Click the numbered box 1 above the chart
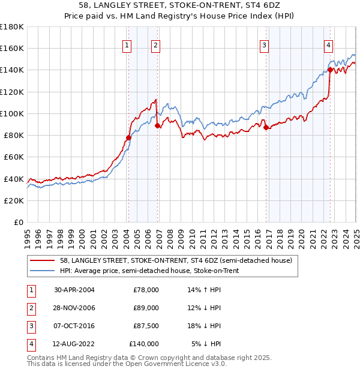coord(128,44)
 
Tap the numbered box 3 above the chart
coord(265,44)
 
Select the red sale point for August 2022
coord(330,70)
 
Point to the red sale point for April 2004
coord(128,137)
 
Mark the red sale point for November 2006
coord(157,125)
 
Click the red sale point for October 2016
coord(266,127)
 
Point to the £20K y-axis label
coord(13,201)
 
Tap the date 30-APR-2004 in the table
coord(74,290)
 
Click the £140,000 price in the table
coord(144,344)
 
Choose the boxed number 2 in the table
coord(29,308)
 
